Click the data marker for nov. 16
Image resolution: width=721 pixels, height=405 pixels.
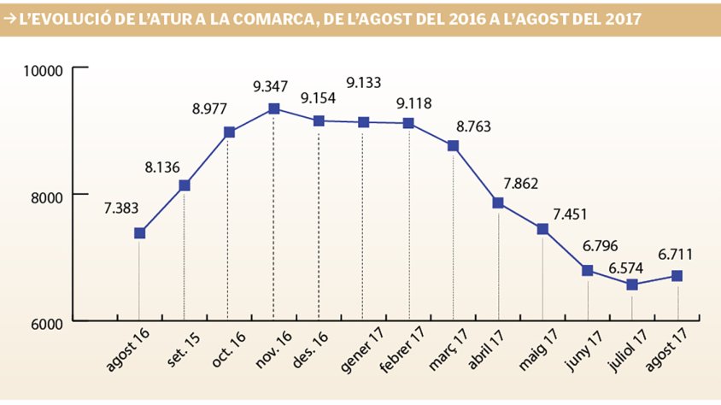pyautogui.click(x=273, y=109)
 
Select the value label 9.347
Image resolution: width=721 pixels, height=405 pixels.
pyautogui.click(x=271, y=85)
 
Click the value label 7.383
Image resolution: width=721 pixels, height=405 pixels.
pyautogui.click(x=122, y=208)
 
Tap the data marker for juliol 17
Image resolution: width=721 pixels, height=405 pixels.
pyautogui.click(x=632, y=285)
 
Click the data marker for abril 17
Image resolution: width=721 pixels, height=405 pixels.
pyautogui.click(x=498, y=202)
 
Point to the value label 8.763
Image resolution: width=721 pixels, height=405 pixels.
pyautogui.click(x=474, y=126)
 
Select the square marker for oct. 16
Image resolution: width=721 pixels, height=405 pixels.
pyautogui.click(x=229, y=132)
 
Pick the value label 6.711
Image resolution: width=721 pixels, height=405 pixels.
pyautogui.click(x=675, y=253)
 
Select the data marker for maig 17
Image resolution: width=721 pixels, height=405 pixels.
pyautogui.click(x=542, y=228)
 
